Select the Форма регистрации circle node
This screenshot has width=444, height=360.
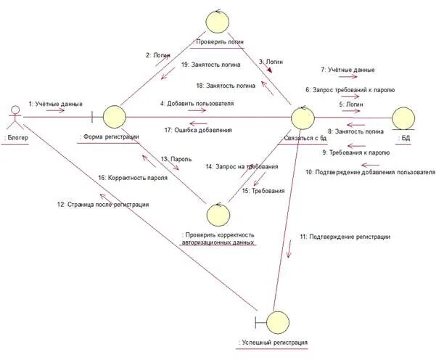(113, 116)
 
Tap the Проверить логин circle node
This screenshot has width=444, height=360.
(216, 21)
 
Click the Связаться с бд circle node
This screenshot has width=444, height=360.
(302, 117)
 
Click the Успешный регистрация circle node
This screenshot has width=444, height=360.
(276, 321)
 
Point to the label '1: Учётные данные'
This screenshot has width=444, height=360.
(55, 103)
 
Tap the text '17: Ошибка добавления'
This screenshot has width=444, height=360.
(198, 130)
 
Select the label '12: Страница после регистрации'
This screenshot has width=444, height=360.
(103, 205)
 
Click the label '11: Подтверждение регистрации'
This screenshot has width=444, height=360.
(345, 237)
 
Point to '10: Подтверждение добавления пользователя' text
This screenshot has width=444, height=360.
(370, 172)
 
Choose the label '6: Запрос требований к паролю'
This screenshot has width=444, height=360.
(350, 90)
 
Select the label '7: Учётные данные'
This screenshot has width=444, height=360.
(348, 70)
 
